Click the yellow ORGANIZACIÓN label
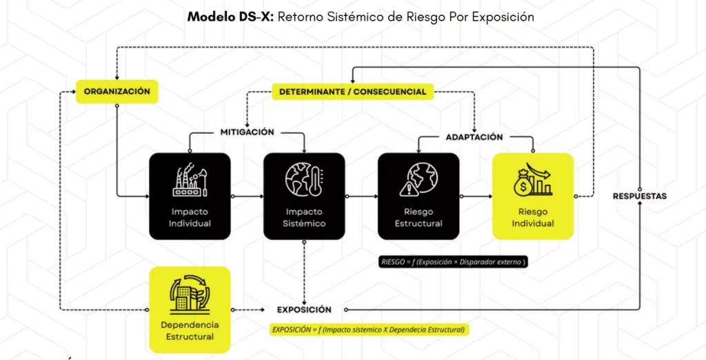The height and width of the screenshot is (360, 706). click(x=117, y=92)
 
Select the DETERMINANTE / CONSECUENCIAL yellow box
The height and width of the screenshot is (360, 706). click(x=352, y=92)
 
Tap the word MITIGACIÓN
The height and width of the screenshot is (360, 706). click(x=248, y=132)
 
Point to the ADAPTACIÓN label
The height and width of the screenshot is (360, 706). click(x=474, y=137)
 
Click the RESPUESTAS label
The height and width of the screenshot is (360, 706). click(x=640, y=196)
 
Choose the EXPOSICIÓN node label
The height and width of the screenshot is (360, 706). click(x=304, y=310)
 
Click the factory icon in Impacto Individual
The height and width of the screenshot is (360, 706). click(x=190, y=180)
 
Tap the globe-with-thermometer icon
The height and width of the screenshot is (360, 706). click(x=304, y=179)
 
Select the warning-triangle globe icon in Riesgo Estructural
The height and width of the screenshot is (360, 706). click(x=418, y=180)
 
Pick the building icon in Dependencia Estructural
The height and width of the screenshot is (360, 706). click(x=190, y=293)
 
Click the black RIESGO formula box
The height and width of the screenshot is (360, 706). click(x=453, y=262)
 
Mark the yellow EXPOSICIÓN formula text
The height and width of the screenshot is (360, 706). click(x=368, y=330)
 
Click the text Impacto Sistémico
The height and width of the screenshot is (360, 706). click(x=304, y=218)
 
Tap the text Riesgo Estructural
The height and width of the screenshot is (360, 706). click(x=418, y=218)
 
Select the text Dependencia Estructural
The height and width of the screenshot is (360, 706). click(x=190, y=331)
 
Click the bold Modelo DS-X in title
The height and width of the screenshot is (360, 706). click(x=230, y=17)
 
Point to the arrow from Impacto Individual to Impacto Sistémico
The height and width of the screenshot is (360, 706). click(x=248, y=197)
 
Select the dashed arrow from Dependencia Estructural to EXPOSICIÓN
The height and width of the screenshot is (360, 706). click(x=248, y=310)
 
